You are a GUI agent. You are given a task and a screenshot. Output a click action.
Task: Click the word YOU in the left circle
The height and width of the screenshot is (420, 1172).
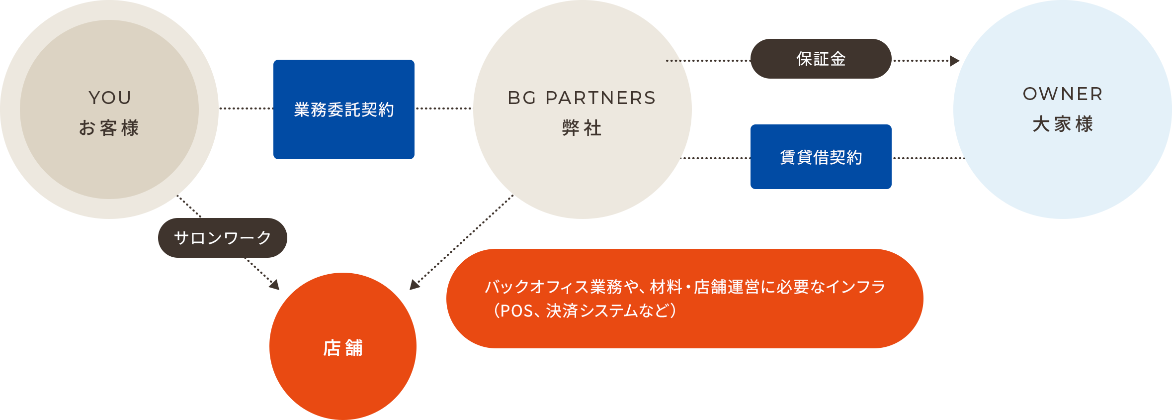(x=110, y=98)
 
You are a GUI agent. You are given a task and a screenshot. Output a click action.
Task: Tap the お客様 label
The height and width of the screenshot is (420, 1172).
(x=109, y=128)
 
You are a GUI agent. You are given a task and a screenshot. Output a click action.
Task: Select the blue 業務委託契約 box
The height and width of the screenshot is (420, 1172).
(x=343, y=109)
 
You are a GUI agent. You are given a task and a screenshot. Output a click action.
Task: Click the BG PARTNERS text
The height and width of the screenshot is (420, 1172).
(x=582, y=98)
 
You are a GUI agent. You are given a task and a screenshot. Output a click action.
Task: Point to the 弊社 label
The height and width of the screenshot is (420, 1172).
(x=582, y=128)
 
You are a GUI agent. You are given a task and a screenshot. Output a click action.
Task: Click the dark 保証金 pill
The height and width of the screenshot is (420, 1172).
(x=821, y=59)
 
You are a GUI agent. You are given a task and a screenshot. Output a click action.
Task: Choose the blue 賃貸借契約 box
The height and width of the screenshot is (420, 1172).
(x=821, y=157)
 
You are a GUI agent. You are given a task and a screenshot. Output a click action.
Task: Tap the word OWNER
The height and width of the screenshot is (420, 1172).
(x=1063, y=94)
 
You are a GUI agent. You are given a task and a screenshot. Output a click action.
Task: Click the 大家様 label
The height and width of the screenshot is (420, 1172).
(x=1063, y=124)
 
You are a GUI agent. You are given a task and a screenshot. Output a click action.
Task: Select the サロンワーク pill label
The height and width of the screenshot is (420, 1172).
(x=223, y=238)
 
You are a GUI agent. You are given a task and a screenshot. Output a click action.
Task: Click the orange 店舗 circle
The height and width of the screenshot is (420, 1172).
(x=343, y=347)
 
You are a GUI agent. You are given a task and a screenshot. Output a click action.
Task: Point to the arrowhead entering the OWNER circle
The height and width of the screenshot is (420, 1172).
(x=954, y=61)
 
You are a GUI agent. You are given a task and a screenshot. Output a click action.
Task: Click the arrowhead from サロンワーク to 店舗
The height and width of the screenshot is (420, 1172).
(x=274, y=285)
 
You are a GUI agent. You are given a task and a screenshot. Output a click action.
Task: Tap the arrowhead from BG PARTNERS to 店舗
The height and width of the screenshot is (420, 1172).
(x=415, y=285)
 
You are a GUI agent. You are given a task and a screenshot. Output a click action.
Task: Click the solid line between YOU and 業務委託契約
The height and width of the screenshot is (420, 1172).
(x=246, y=108)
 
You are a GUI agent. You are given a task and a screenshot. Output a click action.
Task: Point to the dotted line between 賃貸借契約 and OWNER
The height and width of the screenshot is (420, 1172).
(x=927, y=158)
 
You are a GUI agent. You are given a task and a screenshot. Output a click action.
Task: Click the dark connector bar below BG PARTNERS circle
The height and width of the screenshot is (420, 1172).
(x=540, y=234)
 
